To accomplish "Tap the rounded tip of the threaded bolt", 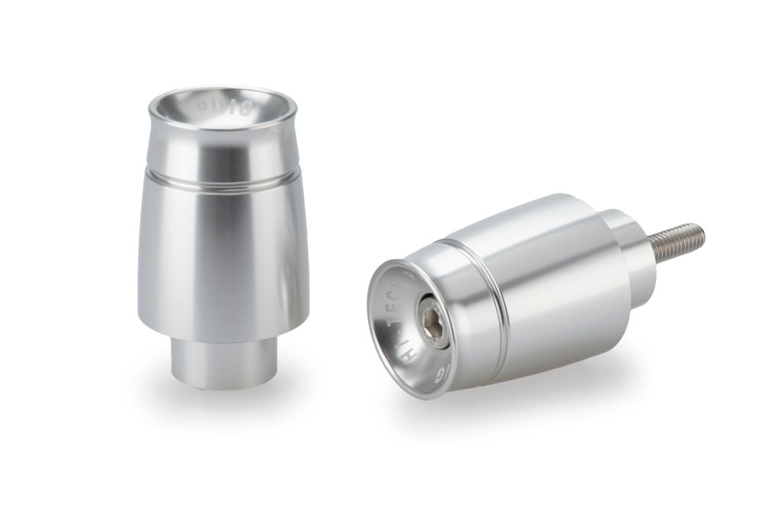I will pos(702,228).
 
